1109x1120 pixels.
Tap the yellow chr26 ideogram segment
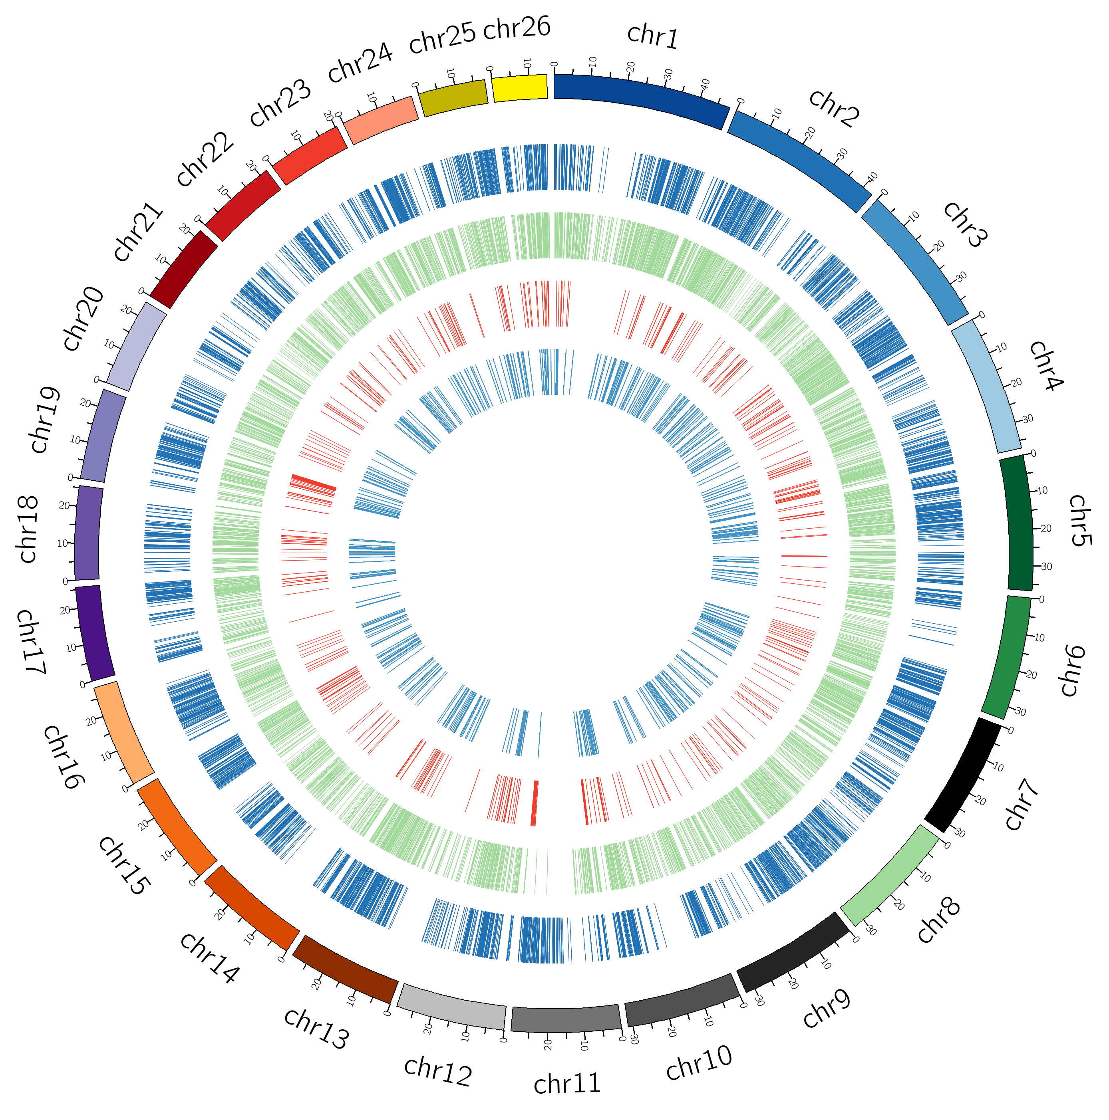tap(519, 88)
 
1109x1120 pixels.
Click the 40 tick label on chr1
tap(705, 85)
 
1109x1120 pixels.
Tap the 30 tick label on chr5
tap(1046, 566)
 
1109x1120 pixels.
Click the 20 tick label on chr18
tap(64, 505)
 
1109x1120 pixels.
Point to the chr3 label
tap(964, 225)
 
